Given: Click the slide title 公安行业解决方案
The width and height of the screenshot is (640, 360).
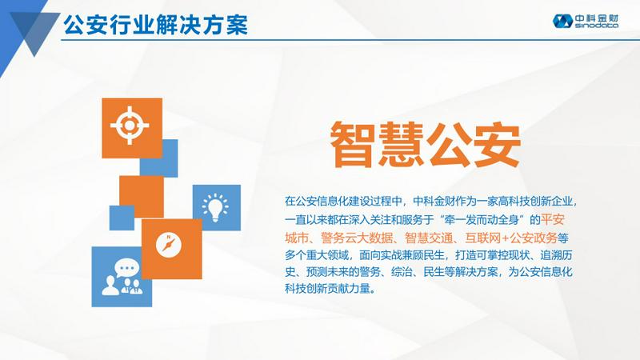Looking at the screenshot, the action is (x=155, y=26).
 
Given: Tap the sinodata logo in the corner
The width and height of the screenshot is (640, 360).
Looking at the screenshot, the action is (x=586, y=21).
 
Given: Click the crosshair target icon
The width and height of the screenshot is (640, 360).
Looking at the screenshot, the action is (x=130, y=126).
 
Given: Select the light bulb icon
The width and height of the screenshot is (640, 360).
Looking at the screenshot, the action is (x=215, y=208).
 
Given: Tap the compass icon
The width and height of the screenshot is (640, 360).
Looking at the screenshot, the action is (x=168, y=245).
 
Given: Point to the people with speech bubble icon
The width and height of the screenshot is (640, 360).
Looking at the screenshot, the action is (x=122, y=277).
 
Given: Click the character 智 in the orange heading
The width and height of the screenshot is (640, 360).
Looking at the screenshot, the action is (x=353, y=145).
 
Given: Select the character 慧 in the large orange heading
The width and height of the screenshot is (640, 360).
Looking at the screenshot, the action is (x=401, y=145).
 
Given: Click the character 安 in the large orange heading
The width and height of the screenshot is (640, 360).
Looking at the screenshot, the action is (x=497, y=145).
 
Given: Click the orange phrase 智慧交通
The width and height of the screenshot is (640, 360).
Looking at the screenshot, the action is (x=429, y=238).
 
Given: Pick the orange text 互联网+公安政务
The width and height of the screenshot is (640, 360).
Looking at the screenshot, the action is (x=511, y=238).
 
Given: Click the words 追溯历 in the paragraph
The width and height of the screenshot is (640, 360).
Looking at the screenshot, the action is (x=556, y=255).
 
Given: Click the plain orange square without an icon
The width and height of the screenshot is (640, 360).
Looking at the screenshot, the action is (x=142, y=197).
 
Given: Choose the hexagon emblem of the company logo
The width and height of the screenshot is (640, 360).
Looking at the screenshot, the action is (x=562, y=22).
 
